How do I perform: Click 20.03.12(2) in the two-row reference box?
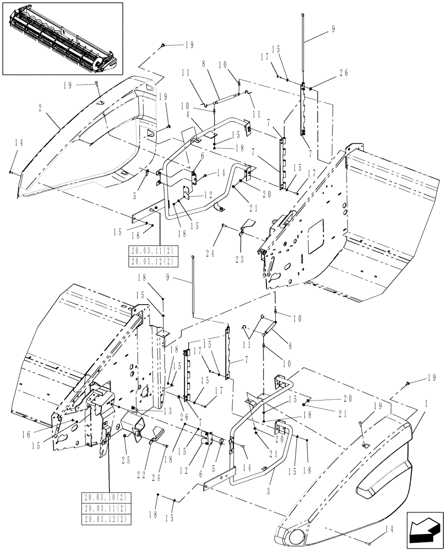[144, 261]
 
